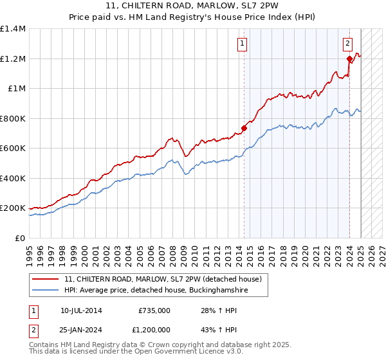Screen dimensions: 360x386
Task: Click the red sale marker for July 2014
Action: tap(244, 128)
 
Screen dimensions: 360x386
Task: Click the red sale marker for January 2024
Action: tap(349, 59)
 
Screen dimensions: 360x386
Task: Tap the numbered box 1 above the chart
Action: tap(243, 44)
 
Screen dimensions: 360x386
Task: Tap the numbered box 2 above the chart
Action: tap(347, 44)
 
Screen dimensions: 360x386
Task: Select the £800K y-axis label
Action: tap(13, 118)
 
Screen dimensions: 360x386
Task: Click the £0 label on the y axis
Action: tap(20, 238)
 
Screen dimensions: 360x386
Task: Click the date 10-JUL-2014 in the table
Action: tap(81, 310)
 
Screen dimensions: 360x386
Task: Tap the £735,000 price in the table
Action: tap(154, 310)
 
